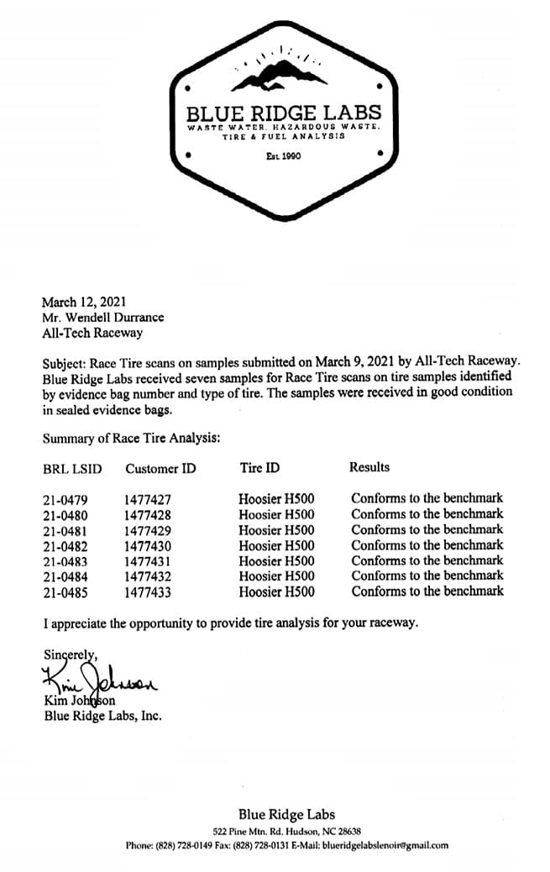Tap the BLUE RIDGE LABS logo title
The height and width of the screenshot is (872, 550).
(284, 113)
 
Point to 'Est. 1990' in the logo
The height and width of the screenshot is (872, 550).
(283, 156)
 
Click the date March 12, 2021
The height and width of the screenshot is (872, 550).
(84, 302)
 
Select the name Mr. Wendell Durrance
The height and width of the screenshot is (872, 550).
(102, 318)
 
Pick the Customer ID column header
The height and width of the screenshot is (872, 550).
(160, 468)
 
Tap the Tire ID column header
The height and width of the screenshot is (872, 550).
(259, 467)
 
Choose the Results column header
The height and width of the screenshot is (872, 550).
(369, 466)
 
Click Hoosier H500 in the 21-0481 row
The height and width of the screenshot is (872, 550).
(276, 530)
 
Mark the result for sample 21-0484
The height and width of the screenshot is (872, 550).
(427, 575)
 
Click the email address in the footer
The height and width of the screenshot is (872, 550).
(385, 845)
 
